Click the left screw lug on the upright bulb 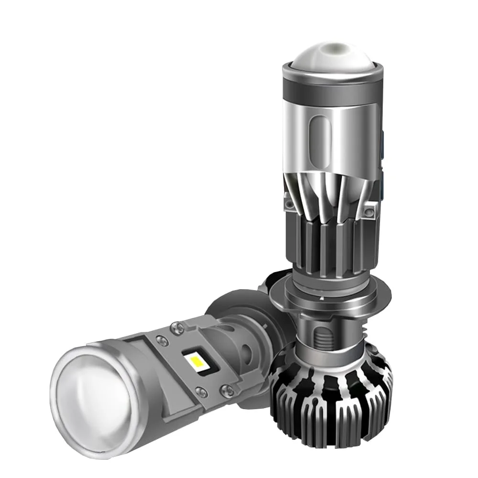click(x=290, y=205)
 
